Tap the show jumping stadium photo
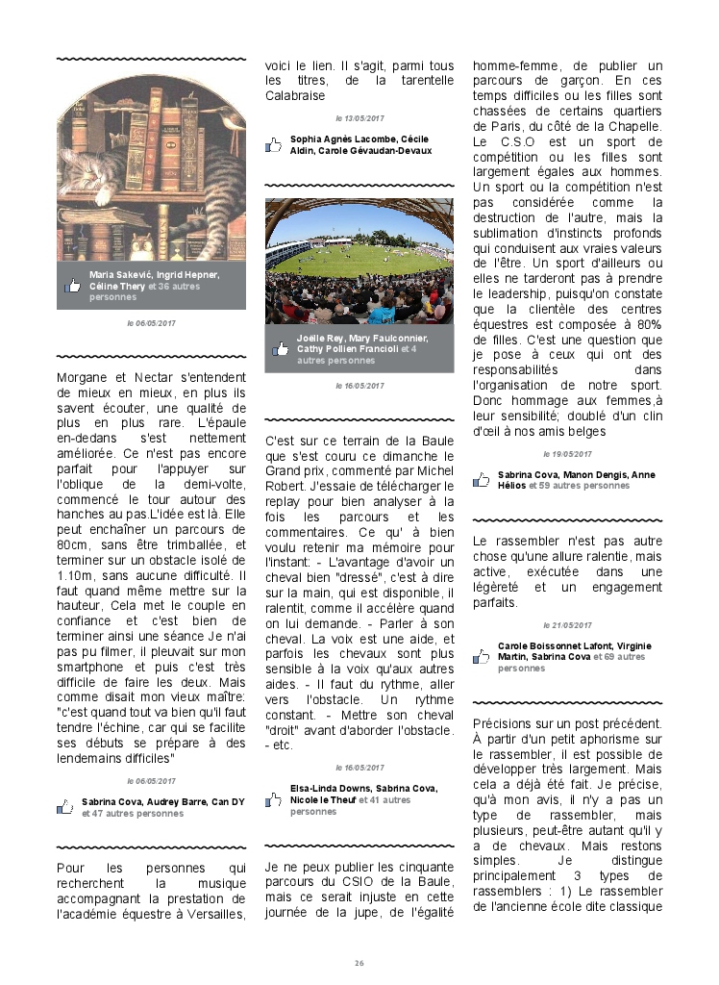point(359,260)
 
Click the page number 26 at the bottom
point(359,963)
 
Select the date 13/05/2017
point(359,118)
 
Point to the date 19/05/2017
point(567,454)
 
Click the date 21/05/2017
point(567,625)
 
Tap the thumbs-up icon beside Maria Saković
point(72,286)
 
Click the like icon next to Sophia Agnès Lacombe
point(274,145)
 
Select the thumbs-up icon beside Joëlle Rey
point(281,349)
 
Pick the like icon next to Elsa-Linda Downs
point(274,799)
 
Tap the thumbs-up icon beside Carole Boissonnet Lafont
point(482,657)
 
